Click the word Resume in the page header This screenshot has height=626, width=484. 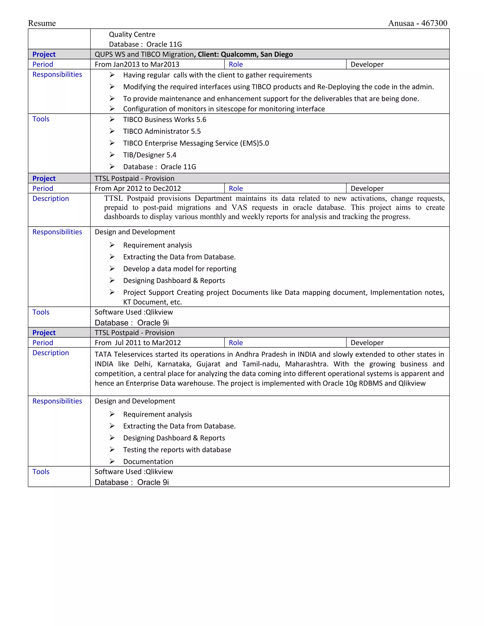[x=42, y=23]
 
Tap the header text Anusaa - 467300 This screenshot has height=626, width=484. [x=418, y=23]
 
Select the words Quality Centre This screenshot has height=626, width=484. [x=132, y=34]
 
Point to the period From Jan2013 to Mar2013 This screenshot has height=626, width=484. [x=137, y=64]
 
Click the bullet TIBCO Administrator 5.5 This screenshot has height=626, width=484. [x=162, y=131]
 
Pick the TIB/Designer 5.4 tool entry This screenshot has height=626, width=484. [x=149, y=155]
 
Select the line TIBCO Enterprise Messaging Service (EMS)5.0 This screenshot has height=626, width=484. [x=196, y=143]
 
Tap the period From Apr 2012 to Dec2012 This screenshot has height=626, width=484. [x=138, y=189]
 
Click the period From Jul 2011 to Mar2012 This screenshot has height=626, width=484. [x=138, y=343]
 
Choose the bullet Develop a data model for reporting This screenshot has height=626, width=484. [x=180, y=269]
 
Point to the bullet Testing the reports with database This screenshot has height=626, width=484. [x=177, y=450]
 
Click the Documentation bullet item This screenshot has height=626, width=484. [x=148, y=462]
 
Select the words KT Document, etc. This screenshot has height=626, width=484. [x=152, y=302]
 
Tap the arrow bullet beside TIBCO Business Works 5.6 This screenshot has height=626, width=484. [x=112, y=119]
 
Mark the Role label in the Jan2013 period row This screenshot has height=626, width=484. [x=235, y=64]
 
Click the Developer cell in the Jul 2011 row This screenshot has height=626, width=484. [x=367, y=343]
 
